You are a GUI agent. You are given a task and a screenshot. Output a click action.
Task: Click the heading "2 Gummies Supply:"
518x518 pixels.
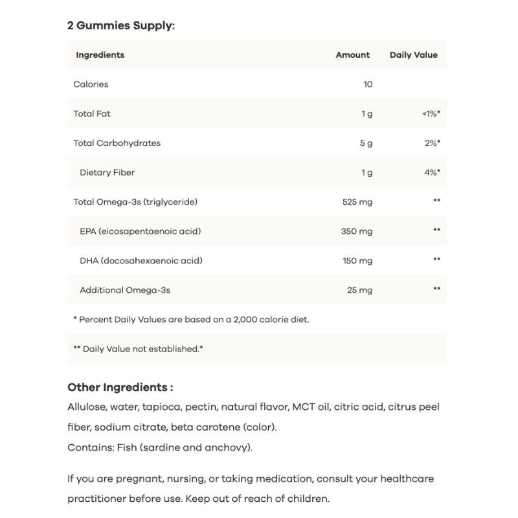(x=121, y=27)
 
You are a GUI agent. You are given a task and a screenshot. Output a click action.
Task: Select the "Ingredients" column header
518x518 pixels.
(x=100, y=55)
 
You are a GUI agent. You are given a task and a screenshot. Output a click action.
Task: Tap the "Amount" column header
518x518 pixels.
(x=352, y=55)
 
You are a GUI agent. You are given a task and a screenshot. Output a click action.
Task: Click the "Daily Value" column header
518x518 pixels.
(x=413, y=55)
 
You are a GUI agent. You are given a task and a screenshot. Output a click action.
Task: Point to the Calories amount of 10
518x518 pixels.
(x=367, y=84)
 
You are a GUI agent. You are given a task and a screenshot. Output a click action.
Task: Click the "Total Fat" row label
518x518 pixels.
(x=92, y=113)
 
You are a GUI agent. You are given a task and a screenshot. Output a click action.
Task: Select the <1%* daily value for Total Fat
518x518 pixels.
(x=431, y=113)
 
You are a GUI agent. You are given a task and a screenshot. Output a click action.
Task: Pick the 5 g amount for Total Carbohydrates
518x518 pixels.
(x=366, y=142)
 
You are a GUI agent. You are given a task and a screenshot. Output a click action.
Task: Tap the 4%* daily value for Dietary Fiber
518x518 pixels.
(x=432, y=172)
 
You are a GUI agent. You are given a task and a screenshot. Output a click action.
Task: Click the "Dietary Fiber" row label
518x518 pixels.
(x=107, y=172)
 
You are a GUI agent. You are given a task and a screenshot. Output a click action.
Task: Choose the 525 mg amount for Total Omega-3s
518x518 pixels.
(x=357, y=202)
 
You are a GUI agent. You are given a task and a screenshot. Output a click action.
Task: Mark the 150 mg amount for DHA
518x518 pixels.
(x=357, y=260)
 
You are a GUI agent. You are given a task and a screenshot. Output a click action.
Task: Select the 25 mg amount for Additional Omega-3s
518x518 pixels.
(x=359, y=289)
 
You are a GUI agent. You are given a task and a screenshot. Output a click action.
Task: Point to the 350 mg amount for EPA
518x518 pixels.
(x=357, y=231)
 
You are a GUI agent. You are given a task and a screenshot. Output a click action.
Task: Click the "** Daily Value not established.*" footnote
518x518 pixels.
(x=139, y=348)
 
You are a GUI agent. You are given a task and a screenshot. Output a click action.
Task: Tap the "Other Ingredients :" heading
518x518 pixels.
(x=120, y=387)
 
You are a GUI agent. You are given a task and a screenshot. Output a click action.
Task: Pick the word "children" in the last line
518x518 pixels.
(x=308, y=499)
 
